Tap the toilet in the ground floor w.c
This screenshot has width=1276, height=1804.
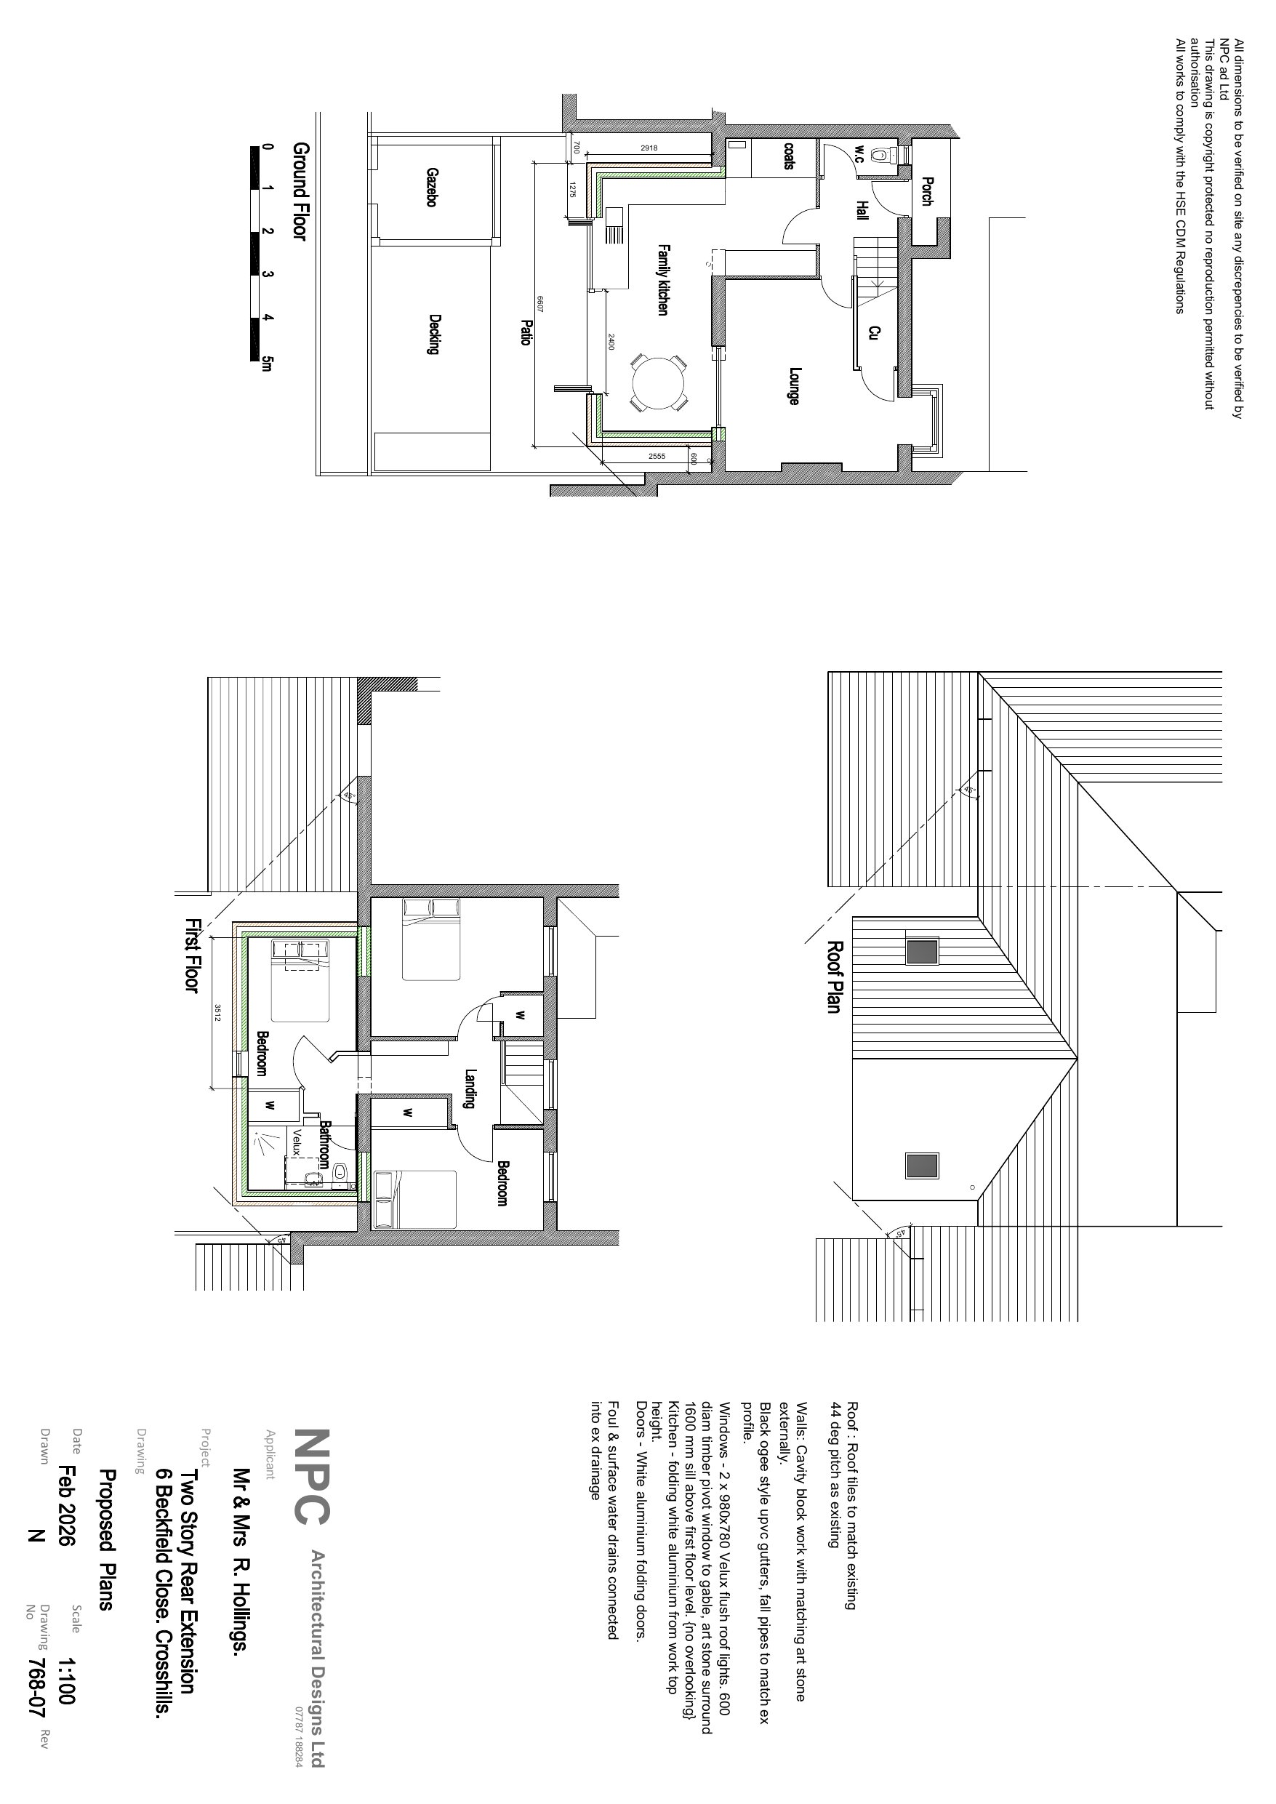[889, 155]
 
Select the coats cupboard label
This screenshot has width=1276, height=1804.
[788, 155]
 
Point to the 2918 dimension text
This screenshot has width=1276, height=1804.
[649, 148]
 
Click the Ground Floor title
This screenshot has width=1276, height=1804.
[301, 191]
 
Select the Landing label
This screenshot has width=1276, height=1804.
[470, 1089]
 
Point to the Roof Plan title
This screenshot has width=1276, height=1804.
[834, 977]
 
